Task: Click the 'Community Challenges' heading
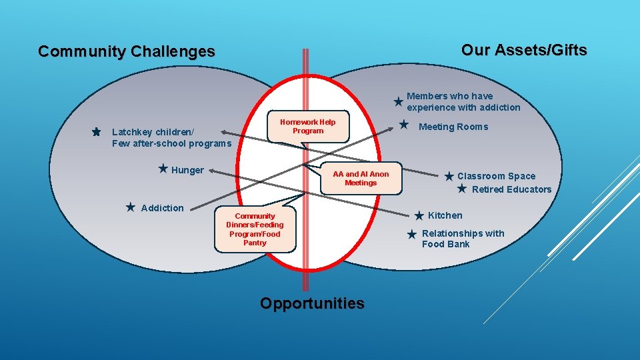point(127,51)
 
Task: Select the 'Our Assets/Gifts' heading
point(524,50)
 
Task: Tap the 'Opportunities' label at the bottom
point(312,303)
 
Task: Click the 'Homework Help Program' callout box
point(307,126)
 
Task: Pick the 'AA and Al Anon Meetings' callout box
point(361,178)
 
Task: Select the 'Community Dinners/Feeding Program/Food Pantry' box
point(255,229)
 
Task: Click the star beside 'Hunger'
point(163,169)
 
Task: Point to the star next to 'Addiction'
point(131,207)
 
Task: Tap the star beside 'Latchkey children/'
point(97,132)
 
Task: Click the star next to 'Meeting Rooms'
point(403,124)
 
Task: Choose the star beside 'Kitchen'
point(419,215)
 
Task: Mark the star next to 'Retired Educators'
point(461,189)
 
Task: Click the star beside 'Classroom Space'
point(449,176)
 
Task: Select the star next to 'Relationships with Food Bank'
point(411,234)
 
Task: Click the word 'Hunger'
point(188,170)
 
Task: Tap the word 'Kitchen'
point(445,215)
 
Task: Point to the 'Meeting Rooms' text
point(453,127)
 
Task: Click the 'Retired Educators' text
point(511,189)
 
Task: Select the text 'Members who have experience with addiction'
point(463,101)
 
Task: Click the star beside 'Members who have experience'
point(398,102)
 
